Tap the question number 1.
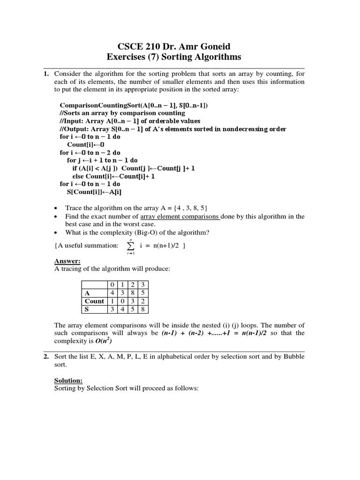[x=45, y=74]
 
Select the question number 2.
[x=45, y=356]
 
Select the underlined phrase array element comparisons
[x=180, y=217]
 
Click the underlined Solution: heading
[x=68, y=380]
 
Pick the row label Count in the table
[x=94, y=301]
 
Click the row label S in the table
[x=87, y=309]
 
